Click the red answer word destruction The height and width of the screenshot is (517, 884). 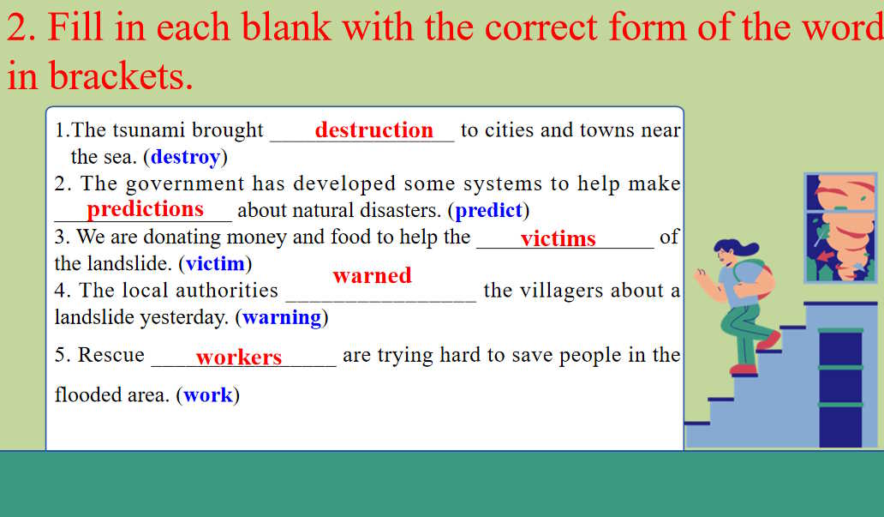(x=373, y=129)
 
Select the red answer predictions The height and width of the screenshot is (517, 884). (x=145, y=209)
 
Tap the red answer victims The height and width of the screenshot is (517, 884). (x=558, y=238)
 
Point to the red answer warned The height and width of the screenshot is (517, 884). (x=372, y=275)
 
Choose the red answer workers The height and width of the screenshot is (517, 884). (x=238, y=357)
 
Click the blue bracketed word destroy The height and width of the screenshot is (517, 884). (x=185, y=156)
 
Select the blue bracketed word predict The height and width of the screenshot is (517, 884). (x=489, y=211)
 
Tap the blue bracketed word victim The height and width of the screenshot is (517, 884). (x=215, y=263)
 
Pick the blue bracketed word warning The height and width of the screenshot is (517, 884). (x=281, y=318)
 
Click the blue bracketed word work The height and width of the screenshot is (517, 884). (x=207, y=395)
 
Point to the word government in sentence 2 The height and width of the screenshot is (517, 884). (x=185, y=184)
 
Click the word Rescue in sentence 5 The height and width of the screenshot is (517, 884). (x=110, y=355)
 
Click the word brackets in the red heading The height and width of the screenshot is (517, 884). (x=121, y=76)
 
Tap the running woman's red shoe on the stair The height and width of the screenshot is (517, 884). (x=743, y=370)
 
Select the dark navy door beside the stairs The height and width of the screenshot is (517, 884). (x=840, y=388)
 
